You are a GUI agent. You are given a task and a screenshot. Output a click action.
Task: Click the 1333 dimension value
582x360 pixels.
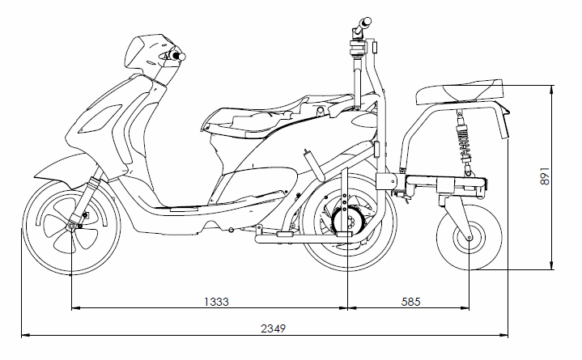click(x=216, y=302)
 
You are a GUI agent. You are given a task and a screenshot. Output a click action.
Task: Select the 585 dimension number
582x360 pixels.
click(x=411, y=302)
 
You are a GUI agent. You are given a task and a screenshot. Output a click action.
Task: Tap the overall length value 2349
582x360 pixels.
click(x=273, y=328)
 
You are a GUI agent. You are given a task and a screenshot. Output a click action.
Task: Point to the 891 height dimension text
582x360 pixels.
click(x=544, y=176)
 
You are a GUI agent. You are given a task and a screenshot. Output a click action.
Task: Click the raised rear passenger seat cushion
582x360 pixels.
click(x=460, y=92)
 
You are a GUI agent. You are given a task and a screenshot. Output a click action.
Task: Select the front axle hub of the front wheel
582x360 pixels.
click(x=71, y=226)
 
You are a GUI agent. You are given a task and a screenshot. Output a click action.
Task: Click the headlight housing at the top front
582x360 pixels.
click(x=146, y=51)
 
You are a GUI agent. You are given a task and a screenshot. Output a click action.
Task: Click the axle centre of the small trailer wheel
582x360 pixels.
click(x=469, y=237)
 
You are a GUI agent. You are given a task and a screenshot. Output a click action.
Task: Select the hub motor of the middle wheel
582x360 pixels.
click(x=347, y=222)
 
